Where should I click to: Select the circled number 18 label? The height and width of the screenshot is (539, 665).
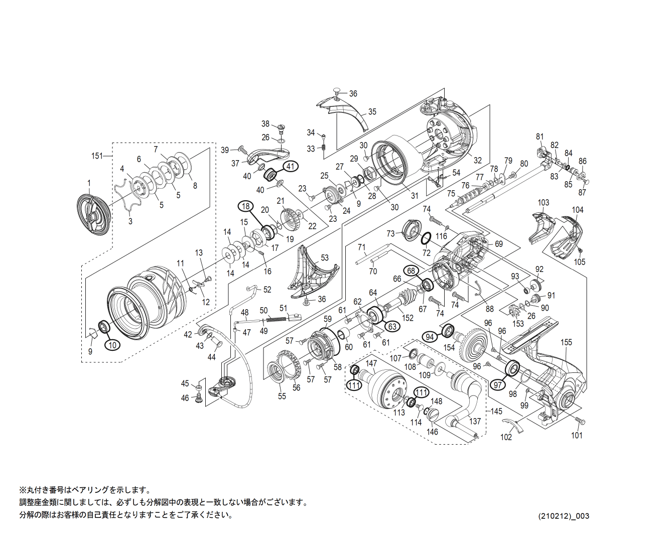pyautogui.click(x=245, y=206)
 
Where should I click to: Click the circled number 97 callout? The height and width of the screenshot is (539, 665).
pyautogui.click(x=498, y=385)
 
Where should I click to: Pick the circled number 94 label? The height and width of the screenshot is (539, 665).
pyautogui.click(x=430, y=337)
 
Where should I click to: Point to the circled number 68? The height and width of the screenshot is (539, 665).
pyautogui.click(x=411, y=271)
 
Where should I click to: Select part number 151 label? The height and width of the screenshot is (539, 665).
pyautogui.click(x=96, y=156)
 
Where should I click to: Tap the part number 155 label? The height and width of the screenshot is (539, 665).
pyautogui.click(x=566, y=342)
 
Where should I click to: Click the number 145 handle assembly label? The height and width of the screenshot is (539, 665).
pyautogui.click(x=496, y=411)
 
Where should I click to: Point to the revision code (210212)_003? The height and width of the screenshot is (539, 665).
pyautogui.click(x=564, y=516)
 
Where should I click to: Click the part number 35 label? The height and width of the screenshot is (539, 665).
pyautogui.click(x=372, y=111)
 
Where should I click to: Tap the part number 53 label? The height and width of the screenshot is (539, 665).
pyautogui.click(x=325, y=257)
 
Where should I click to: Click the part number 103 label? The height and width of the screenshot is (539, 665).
pyautogui.click(x=544, y=203)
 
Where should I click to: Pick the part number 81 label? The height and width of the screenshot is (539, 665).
pyautogui.click(x=540, y=137)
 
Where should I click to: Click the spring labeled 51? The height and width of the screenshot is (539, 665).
pyautogui.click(x=275, y=318)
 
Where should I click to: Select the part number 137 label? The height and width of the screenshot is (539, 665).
pyautogui.click(x=475, y=422)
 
